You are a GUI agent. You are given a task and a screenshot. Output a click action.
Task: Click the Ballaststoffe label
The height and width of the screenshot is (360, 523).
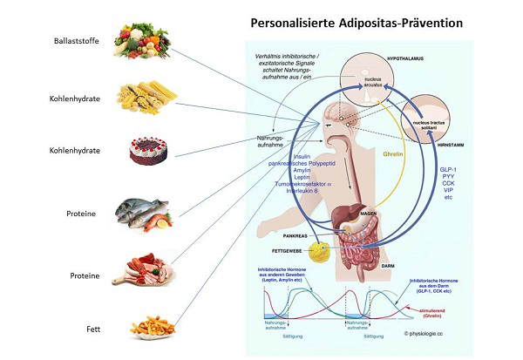75,40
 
